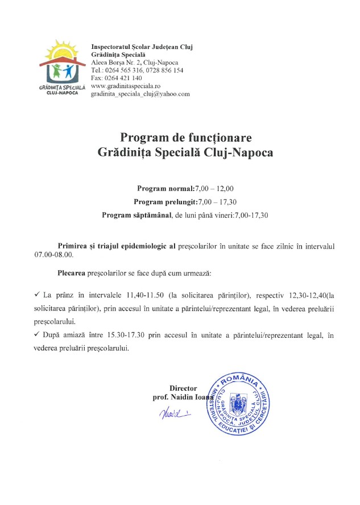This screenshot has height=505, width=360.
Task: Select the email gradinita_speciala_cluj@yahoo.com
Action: point(140,94)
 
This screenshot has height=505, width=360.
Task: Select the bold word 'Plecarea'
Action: point(72,273)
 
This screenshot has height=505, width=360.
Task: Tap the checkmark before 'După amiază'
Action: point(37,336)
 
